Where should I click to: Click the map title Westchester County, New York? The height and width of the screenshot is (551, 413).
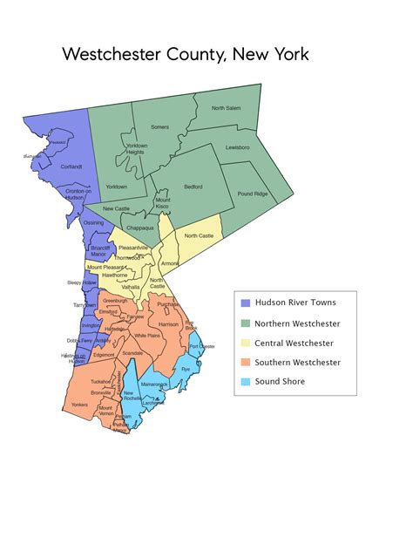186,54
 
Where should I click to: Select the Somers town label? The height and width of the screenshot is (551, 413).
159,126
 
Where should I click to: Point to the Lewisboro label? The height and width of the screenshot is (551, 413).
237,147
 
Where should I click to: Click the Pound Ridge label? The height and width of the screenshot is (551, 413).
252,193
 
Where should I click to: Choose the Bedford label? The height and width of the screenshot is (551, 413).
193,187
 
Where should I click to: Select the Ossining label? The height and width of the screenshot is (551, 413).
92,222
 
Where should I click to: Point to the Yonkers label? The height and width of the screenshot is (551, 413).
78,405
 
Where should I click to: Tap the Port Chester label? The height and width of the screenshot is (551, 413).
201,347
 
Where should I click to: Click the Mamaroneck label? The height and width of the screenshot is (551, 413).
154,384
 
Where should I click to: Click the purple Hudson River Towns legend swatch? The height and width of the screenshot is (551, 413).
246,303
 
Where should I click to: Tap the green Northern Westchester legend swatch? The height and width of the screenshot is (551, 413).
246,323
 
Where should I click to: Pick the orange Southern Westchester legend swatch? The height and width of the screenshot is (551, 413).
246,363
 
